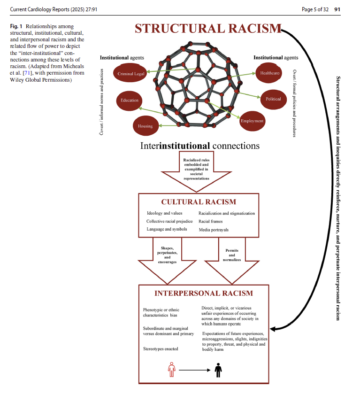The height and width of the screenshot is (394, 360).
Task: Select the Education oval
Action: point(130,100)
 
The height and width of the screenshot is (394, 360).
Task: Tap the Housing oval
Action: point(145,126)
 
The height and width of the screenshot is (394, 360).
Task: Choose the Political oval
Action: point(273,99)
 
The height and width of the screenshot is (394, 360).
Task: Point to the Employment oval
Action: point(252,121)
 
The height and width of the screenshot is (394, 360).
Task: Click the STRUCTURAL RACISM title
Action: point(208,29)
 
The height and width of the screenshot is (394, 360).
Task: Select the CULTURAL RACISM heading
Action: point(199,202)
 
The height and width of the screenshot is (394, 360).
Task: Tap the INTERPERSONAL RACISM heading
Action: point(204,294)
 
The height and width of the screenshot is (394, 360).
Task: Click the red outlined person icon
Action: point(172,370)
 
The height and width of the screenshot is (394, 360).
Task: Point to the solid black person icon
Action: point(218,370)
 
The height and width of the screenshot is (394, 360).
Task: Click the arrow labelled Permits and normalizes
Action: point(232,258)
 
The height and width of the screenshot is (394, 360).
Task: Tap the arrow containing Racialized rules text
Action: point(199,171)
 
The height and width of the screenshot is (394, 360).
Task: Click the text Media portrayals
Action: point(214,230)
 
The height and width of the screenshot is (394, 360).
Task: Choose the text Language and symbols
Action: point(167,229)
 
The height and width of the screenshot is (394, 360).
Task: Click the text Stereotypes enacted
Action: point(161,349)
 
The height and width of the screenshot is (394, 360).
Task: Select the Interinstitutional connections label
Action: point(199,146)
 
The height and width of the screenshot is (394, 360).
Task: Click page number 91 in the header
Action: point(337,9)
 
